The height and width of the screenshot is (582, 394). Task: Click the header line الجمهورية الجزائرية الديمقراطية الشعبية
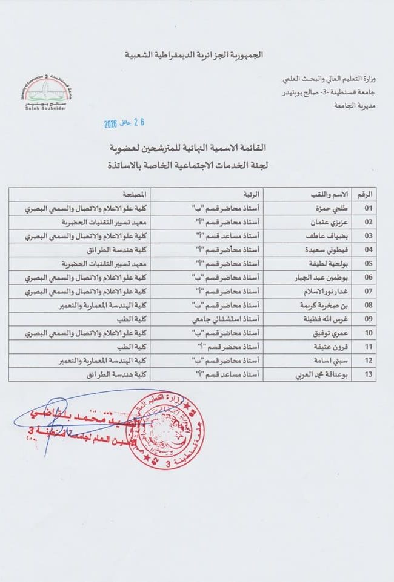click(x=196, y=56)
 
